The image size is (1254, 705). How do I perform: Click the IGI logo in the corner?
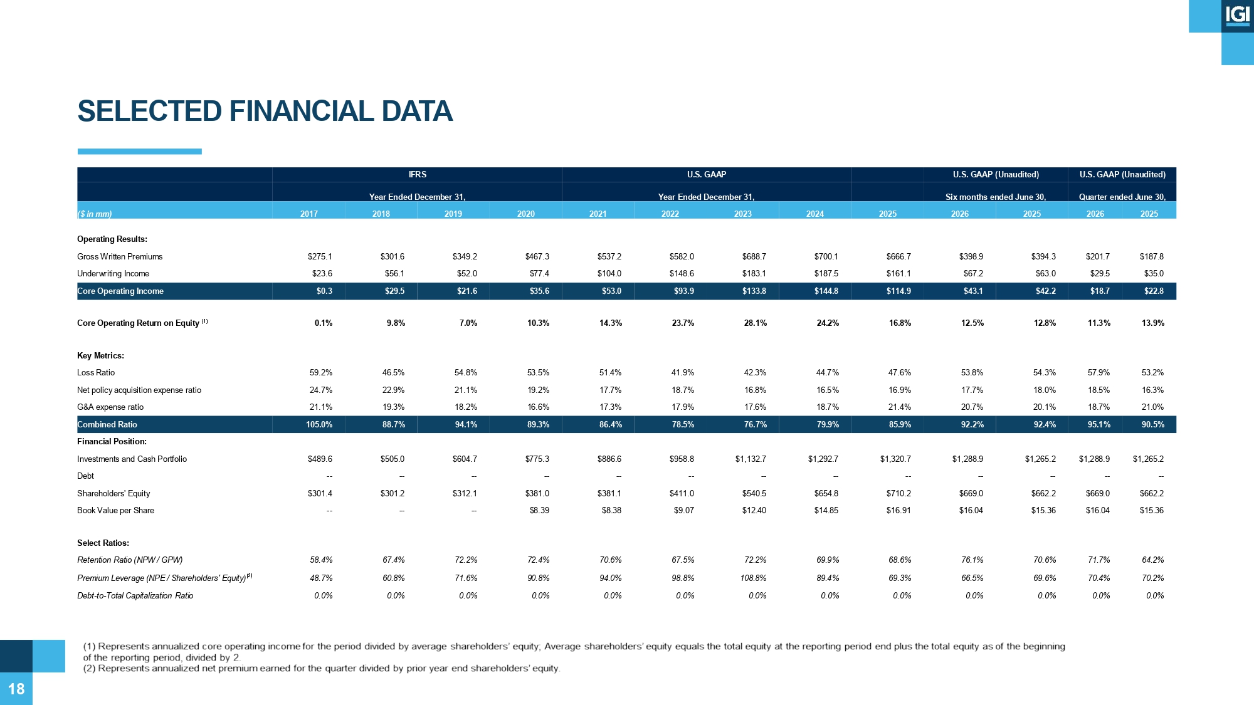coord(1238,16)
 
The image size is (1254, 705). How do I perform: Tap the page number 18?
coord(16,689)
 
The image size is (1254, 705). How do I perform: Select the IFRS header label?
coord(418,175)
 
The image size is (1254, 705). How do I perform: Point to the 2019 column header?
coord(453,214)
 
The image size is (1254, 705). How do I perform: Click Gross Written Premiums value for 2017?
coord(320,257)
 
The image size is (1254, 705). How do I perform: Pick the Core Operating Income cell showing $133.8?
coord(754,291)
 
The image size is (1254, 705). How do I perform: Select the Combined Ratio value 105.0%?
coord(319,425)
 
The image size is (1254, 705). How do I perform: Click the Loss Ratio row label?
coord(96,373)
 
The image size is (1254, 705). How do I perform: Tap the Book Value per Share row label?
coord(115,511)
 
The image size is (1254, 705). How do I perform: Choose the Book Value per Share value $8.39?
coord(539,511)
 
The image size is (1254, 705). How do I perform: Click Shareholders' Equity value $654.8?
coord(826,494)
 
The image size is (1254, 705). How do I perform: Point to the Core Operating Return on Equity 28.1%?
coord(755,323)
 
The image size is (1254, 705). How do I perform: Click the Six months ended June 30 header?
coord(996,197)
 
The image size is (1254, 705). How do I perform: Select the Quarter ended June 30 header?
coord(1122,197)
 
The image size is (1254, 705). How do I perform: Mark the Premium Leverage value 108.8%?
coord(753,578)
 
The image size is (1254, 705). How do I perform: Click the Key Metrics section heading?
coord(100,356)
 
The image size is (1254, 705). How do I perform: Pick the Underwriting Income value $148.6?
coord(682,274)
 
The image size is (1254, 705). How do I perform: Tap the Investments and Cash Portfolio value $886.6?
coord(609,459)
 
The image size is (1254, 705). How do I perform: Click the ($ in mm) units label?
coord(95,214)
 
